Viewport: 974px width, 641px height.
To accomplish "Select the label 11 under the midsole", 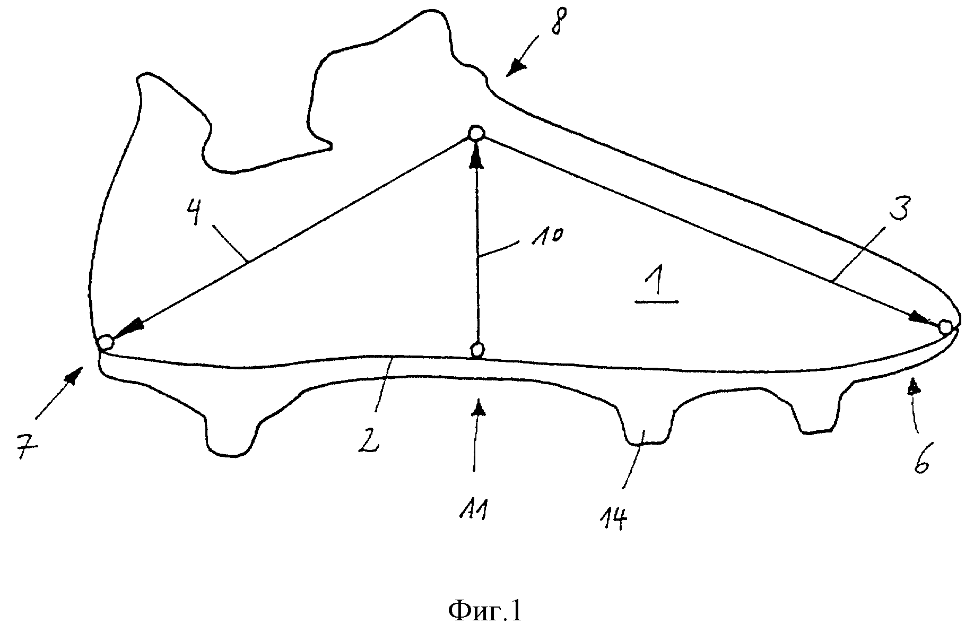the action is tap(475, 513).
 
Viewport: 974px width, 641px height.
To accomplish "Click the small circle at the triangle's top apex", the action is tap(476, 133).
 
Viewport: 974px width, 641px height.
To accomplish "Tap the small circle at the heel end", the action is tap(106, 342).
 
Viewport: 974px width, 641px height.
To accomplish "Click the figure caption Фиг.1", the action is tap(485, 611).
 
